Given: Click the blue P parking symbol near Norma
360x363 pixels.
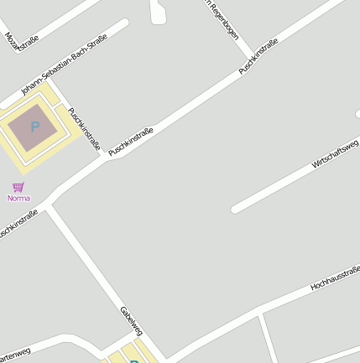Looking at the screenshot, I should tap(34, 127).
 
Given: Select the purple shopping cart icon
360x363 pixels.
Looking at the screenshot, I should tap(18, 187).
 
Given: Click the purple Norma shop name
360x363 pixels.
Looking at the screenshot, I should tap(18, 199).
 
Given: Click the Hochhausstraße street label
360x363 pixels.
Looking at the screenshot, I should tap(335, 277).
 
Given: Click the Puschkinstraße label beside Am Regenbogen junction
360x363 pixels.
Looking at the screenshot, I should tap(258, 56).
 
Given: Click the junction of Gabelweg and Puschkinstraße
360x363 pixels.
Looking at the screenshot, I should tap(49, 205).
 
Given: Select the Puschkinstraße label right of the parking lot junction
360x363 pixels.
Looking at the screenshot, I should tap(132, 141).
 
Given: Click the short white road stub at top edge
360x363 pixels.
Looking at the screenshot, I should tap(157, 10).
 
